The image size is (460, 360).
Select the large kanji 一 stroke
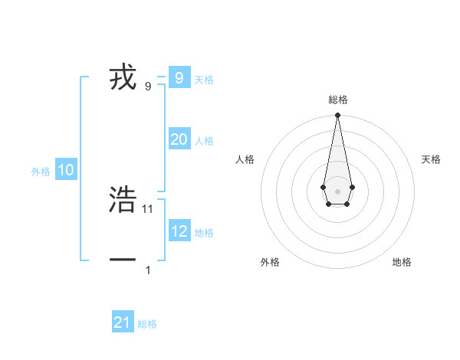[x=123, y=260]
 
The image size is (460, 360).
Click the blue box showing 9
[x=179, y=77]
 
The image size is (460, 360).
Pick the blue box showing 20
[x=179, y=139]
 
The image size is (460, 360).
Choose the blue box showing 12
[x=179, y=231]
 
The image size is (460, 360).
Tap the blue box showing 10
[x=66, y=170]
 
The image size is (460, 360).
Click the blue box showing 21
[x=123, y=322]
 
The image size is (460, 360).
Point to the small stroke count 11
[x=148, y=208]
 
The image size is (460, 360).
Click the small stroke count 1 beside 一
[x=148, y=270]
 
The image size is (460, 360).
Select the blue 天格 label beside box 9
[x=204, y=80]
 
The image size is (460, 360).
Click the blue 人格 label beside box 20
[x=204, y=141]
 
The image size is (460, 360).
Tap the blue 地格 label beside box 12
[x=204, y=233]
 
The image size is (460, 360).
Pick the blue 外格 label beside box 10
[x=41, y=172]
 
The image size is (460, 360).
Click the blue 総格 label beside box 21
[x=147, y=324]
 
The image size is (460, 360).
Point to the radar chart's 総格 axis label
[x=337, y=100]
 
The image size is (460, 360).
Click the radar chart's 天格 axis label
[x=431, y=159]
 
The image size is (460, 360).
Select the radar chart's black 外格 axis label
[x=270, y=262]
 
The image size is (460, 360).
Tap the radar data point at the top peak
[x=337, y=116]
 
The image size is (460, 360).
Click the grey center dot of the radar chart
[x=337, y=191]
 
